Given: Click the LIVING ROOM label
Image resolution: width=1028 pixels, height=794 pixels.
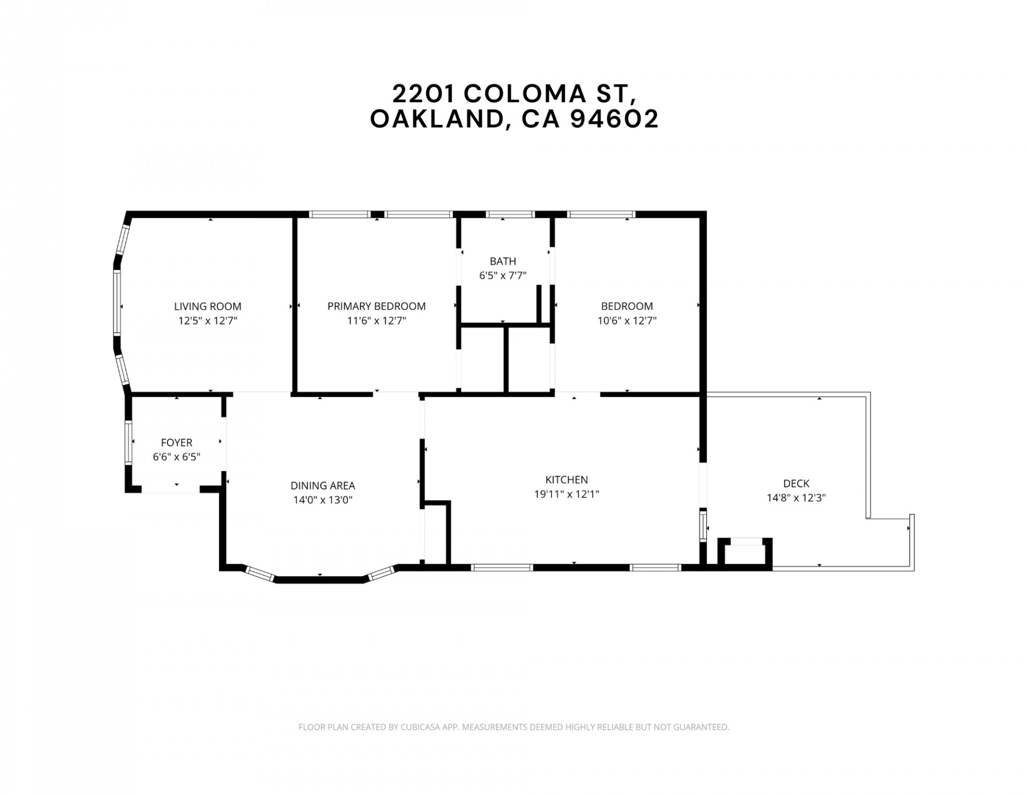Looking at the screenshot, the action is pos(208,306).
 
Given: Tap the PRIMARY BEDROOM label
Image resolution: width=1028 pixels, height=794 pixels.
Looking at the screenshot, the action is pos(376,306).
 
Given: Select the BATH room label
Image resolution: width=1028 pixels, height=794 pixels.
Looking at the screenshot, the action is pos(503,261).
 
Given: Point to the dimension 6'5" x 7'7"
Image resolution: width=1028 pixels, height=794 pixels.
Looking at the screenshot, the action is pos(503,276).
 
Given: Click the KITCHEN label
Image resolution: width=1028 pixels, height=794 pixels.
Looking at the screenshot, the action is pos(566,480).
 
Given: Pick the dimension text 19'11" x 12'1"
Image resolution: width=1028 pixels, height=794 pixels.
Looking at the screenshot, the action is pos(566,494).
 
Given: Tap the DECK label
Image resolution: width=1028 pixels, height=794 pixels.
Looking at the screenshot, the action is pos(796,483).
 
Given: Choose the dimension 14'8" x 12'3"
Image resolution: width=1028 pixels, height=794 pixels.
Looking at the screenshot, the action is pos(796,497).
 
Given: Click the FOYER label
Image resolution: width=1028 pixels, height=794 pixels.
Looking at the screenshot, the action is pos(177,443).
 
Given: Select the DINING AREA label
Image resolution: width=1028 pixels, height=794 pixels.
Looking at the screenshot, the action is pos(323,486).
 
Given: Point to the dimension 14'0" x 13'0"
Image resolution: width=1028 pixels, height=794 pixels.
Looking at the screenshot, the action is pos(323,500).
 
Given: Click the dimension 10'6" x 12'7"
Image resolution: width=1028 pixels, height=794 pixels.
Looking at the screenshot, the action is pos(627,321).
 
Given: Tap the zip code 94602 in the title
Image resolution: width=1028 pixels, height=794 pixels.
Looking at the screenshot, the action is pos(615,119).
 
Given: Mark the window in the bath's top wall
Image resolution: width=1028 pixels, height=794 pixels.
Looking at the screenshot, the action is pos(510,214).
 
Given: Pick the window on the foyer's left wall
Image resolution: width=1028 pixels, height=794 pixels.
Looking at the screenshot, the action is pos(128,442).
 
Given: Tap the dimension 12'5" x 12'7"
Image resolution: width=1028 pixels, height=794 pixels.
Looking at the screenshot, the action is pos(208,321).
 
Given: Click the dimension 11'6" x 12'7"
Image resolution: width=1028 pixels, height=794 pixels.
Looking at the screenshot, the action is pos(376,321).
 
